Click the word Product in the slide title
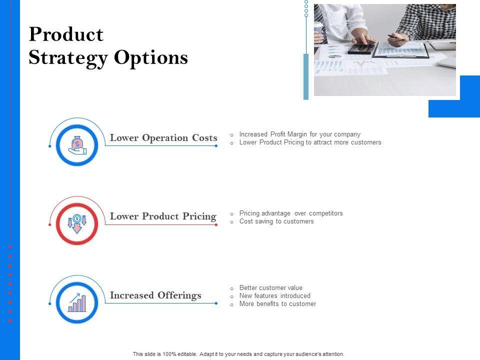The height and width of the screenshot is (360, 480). click(66, 34)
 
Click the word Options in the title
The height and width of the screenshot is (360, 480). click(151, 57)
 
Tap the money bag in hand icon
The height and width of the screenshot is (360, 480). click(77, 145)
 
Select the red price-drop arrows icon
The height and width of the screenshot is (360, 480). click(77, 224)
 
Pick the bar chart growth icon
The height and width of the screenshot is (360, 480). click(77, 303)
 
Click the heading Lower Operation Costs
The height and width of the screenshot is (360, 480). click(163, 138)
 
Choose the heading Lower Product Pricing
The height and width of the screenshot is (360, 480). click(163, 216)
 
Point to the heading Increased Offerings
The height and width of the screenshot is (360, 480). click(155, 295)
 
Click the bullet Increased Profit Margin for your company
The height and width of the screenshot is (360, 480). click(299, 134)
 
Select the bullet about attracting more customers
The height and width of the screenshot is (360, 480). click(310, 142)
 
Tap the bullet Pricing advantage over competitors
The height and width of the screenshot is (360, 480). click(291, 213)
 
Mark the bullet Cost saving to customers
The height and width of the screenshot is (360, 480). click(276, 221)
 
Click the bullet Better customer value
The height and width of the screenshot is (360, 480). click(270, 288)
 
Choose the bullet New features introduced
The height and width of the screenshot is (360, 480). click(274, 295)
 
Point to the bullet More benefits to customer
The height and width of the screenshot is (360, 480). click(277, 303)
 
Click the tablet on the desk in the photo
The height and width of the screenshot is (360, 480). click(361, 48)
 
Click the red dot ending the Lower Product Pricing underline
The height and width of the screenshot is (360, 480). click(216, 224)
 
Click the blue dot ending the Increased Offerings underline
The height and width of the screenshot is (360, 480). click(216, 303)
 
